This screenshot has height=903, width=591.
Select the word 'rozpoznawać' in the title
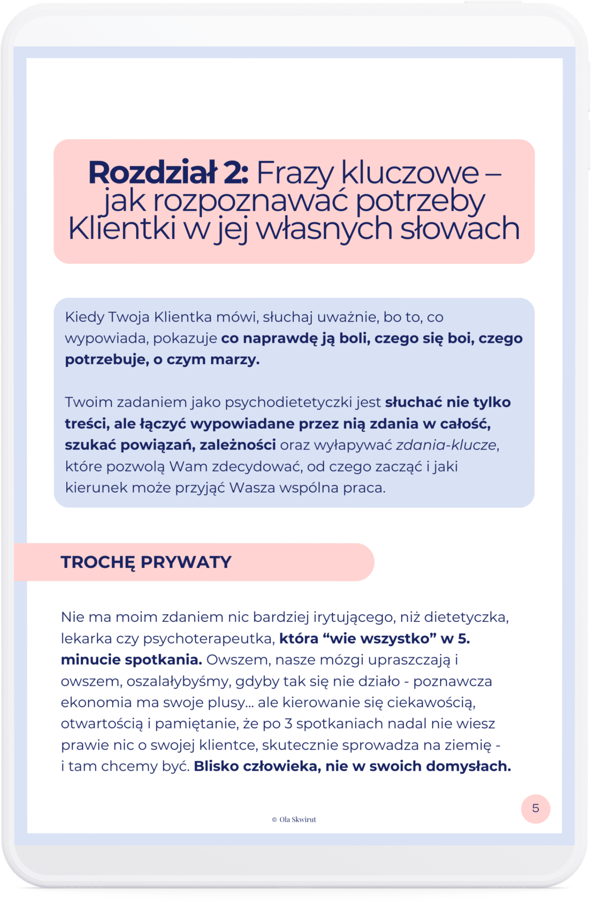pos(251,201)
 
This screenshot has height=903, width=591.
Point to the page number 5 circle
pos(536,809)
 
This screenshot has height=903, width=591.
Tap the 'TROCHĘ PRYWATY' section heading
pos(146,562)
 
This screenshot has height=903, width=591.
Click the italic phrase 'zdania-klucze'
pos(446,445)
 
